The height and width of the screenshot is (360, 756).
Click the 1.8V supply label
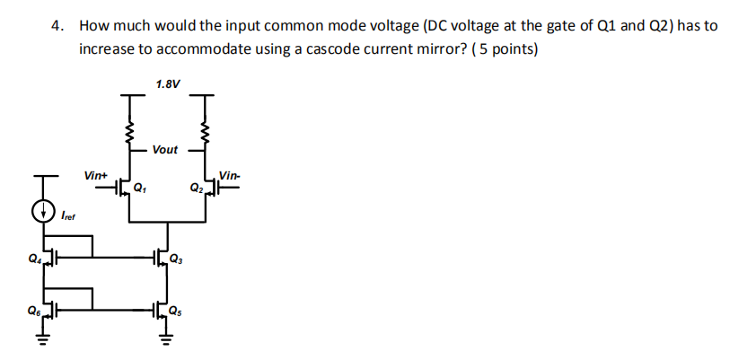[x=167, y=83]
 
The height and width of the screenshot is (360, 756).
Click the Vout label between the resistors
[x=165, y=149]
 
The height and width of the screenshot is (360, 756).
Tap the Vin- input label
[x=230, y=174]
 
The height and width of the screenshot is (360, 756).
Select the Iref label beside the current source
[x=68, y=216]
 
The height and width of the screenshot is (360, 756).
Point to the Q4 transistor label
[x=33, y=261]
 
